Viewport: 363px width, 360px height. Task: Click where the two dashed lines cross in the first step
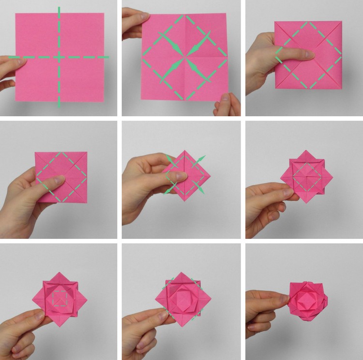pos(59,57)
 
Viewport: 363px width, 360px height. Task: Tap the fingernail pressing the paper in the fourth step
pos(60,180)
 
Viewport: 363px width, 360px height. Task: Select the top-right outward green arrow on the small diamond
pos(201,159)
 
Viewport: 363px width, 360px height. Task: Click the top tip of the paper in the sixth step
pos(304,152)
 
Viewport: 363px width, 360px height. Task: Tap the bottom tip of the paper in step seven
pos(60,325)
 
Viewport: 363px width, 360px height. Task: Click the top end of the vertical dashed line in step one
pos(59,8)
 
